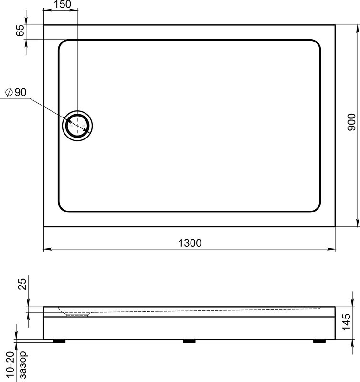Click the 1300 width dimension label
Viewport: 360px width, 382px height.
190,243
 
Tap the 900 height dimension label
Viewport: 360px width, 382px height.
351,122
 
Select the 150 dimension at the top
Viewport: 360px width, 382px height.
63,4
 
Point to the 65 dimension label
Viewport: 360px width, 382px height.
21,31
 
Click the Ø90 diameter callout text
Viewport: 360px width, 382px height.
16,92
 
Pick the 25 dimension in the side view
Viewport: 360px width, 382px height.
22,284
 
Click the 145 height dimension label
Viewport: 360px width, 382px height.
346,322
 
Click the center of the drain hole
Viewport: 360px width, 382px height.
77,126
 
